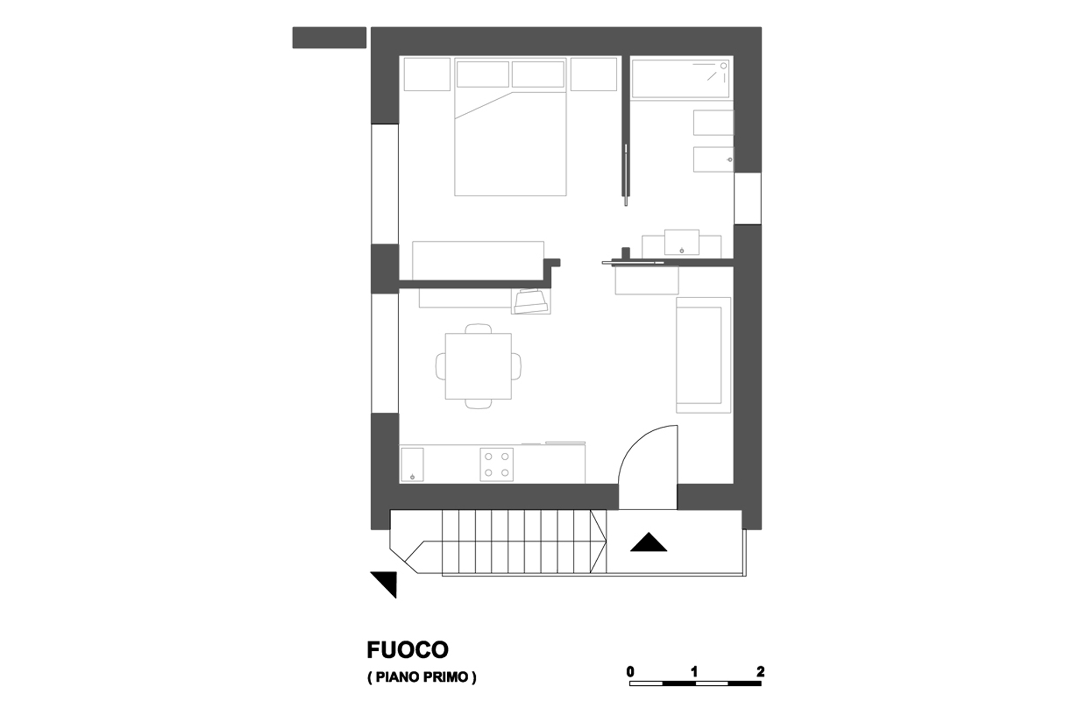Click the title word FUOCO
point(407,650)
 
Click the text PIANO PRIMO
point(422,677)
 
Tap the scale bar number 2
point(760,671)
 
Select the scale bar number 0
point(630,671)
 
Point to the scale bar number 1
point(694,671)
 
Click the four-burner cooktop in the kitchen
point(496,464)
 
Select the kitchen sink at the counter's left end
point(412,464)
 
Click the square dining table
point(478,366)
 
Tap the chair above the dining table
point(479,328)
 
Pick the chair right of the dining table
point(516,366)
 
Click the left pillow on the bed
point(483,74)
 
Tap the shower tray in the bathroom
point(682,79)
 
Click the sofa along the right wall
point(703,355)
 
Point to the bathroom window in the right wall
point(747,198)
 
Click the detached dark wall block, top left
point(329,38)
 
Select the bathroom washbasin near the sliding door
point(681,243)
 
